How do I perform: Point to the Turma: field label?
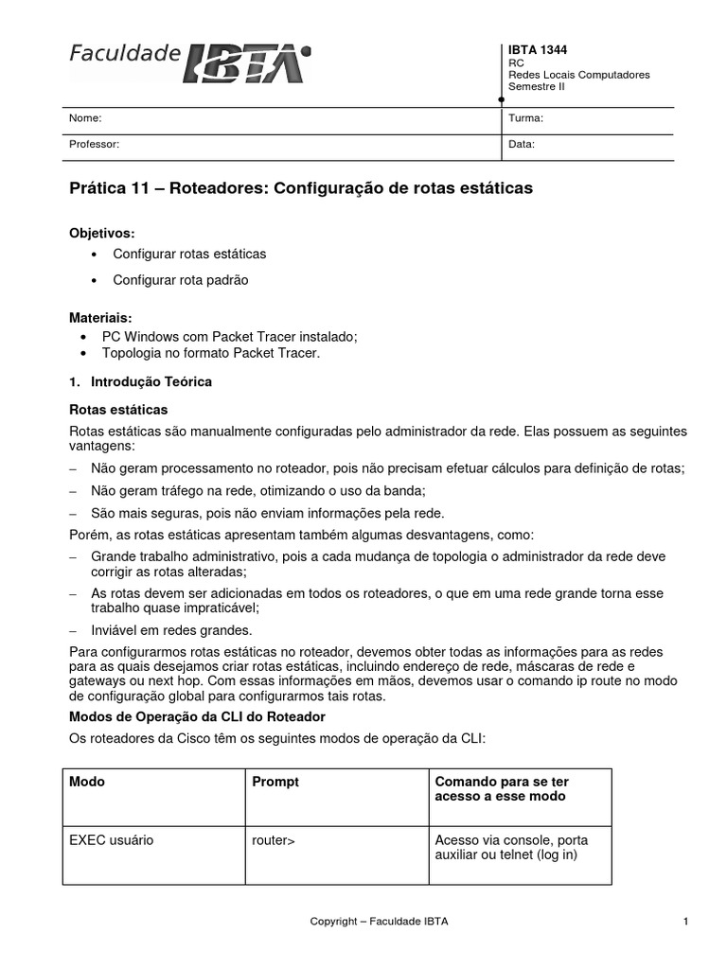click(x=525, y=118)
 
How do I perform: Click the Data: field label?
click(x=522, y=145)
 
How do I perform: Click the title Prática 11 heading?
click(x=301, y=188)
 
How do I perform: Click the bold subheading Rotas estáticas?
click(x=118, y=410)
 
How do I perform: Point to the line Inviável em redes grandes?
click(x=171, y=630)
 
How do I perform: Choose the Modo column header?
click(x=87, y=783)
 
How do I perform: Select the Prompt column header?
click(x=275, y=783)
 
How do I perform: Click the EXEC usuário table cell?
click(x=112, y=840)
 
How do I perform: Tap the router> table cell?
click(x=274, y=840)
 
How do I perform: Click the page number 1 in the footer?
click(x=683, y=921)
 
